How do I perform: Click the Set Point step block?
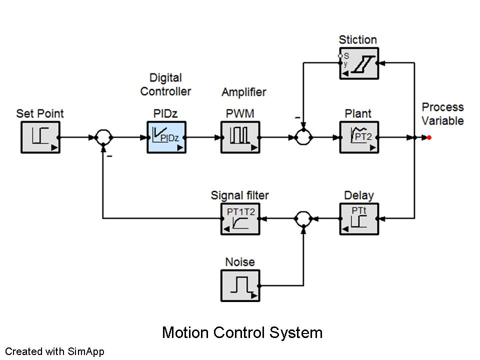pyautogui.click(x=40, y=137)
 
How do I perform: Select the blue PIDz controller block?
pyautogui.click(x=166, y=137)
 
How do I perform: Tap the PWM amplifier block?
pyautogui.click(x=240, y=137)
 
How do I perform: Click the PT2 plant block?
pyautogui.click(x=359, y=137)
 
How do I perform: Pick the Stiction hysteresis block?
pyautogui.click(x=359, y=63)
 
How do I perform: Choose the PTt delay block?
pyautogui.click(x=359, y=219)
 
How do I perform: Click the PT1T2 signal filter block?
pyautogui.click(x=240, y=219)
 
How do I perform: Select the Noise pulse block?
pyautogui.click(x=240, y=285)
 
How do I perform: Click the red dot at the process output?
pyautogui.click(x=429, y=138)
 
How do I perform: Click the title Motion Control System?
pyautogui.click(x=242, y=332)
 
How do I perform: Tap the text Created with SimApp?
pyautogui.click(x=55, y=351)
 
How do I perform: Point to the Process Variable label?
pyautogui.click(x=442, y=114)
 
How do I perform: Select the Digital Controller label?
pyautogui.click(x=165, y=84)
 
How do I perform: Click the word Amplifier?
pyautogui.click(x=244, y=92)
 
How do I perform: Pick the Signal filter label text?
pyautogui.click(x=239, y=195)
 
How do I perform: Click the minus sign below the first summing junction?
pyautogui.click(x=109, y=156)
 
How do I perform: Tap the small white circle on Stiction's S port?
pyautogui.click(x=340, y=55)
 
